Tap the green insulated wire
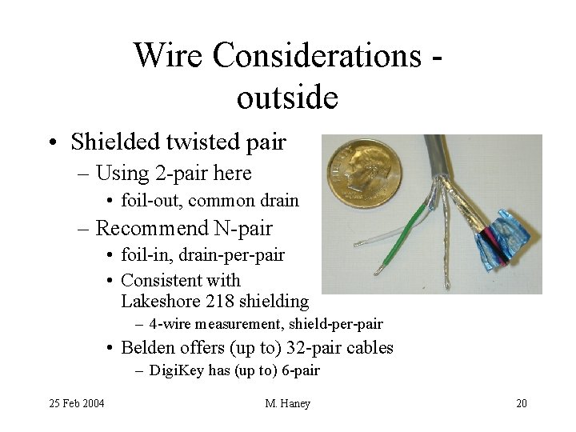(413, 232)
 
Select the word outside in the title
(288, 98)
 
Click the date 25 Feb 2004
(77, 403)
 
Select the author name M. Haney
(287, 403)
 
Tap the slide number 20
(521, 403)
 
